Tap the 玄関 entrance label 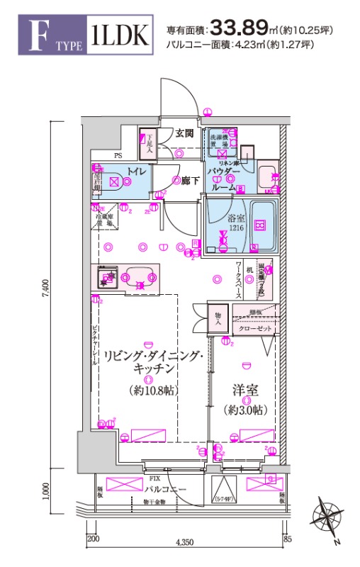click(x=185, y=133)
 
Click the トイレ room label click(x=136, y=171)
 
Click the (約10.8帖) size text click(x=153, y=390)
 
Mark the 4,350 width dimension click(x=186, y=542)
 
